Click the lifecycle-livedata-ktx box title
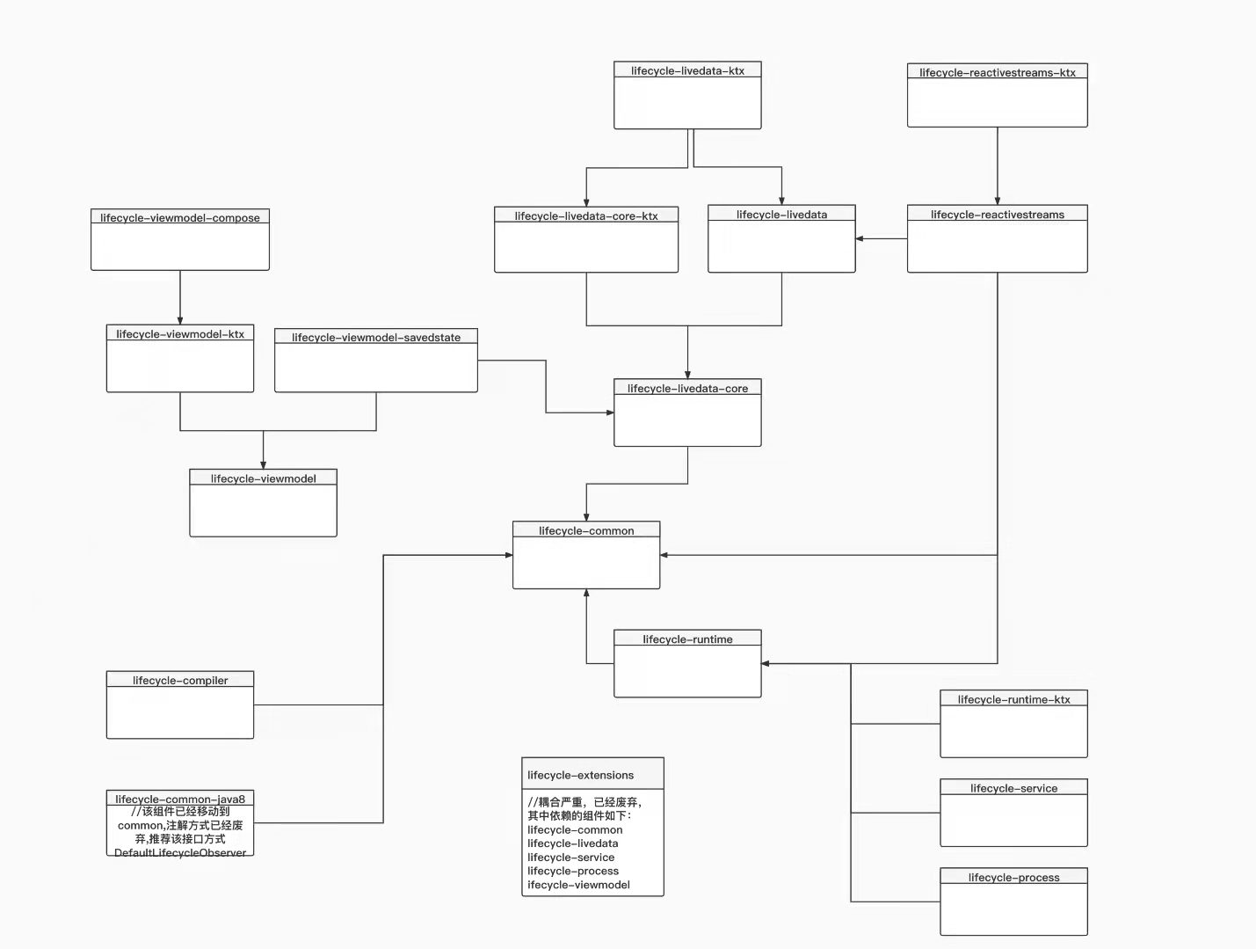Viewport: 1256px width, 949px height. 687,70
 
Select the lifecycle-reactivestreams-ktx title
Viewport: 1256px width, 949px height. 997,72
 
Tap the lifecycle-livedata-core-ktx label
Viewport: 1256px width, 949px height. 586,215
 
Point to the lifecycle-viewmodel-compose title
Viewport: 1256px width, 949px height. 180,217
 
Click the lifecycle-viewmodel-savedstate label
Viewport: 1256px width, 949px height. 376,337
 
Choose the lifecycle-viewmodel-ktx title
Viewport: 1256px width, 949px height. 180,334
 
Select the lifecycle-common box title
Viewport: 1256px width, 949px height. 586,530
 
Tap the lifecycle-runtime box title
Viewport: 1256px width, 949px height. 687,639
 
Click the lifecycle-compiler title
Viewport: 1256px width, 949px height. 180,680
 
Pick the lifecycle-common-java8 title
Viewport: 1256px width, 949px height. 180,799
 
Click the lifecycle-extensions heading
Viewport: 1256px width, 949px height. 580,775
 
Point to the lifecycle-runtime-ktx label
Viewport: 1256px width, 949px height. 1013,699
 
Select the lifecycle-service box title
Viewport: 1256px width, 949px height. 1013,788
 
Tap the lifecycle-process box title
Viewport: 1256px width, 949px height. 1013,877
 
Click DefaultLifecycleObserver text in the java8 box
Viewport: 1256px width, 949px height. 180,852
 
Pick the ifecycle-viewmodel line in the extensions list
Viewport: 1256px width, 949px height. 578,885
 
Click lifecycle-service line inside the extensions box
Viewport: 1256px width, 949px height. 570,858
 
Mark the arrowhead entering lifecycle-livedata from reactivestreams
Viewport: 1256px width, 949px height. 860,238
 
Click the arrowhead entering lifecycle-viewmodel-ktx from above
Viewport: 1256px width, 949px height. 180,321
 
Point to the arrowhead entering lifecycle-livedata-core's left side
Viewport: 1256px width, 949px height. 609,412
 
